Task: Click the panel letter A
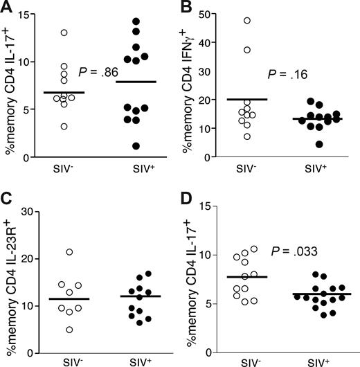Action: pyautogui.click(x=7, y=8)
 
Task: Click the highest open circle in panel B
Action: pyautogui.click(x=246, y=20)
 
